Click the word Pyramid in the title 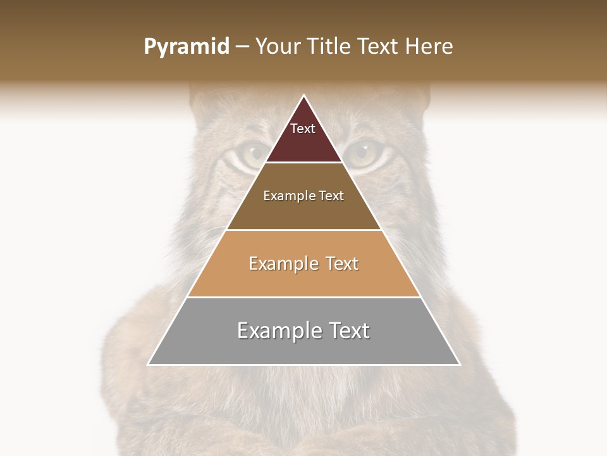pos(186,47)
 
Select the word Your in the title pos(276,47)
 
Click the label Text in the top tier pos(303,129)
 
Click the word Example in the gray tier pos(279,331)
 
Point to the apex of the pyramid pos(303,96)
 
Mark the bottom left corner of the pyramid pos(148,365)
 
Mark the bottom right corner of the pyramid pos(460,365)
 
